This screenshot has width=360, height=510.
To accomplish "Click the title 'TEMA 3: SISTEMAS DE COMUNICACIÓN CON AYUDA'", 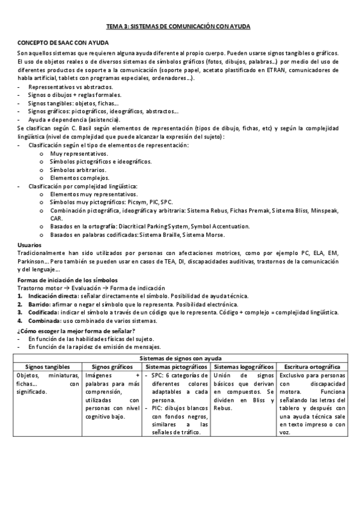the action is pos(178,27).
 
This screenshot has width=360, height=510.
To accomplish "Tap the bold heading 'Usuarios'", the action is pos(29,245).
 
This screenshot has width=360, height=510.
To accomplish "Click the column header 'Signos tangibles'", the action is pos(47,366).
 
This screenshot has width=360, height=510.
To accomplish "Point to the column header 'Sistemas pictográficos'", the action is pos(177,366).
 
